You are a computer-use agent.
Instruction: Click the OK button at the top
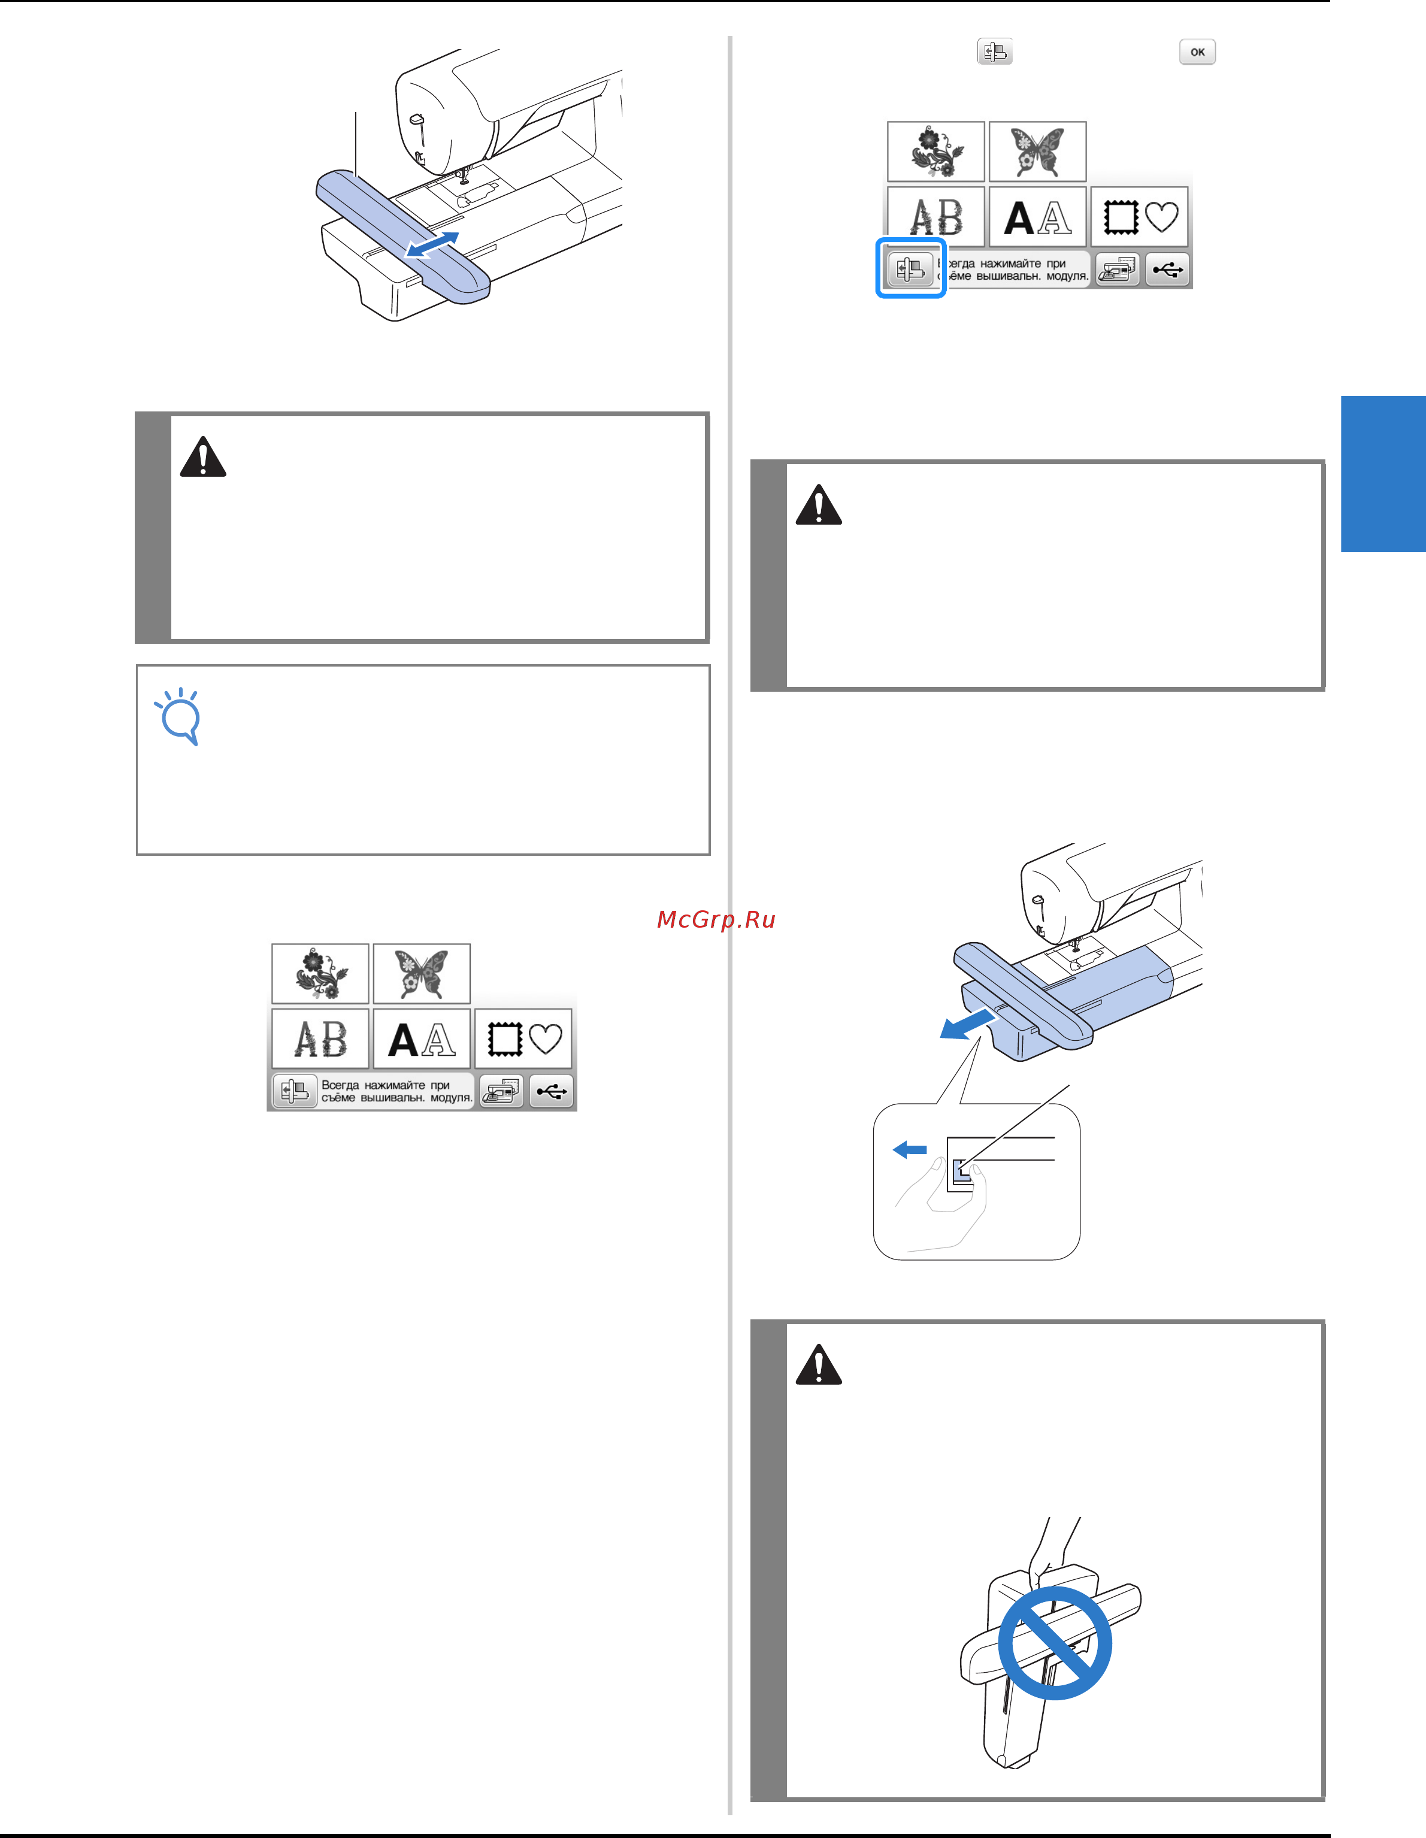(1197, 52)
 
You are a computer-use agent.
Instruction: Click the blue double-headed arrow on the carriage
(432, 245)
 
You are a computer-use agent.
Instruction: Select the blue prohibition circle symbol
(1055, 1643)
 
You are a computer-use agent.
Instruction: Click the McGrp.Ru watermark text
(716, 920)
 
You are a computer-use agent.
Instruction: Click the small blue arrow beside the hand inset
(909, 1150)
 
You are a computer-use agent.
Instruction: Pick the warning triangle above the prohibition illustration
(818, 1365)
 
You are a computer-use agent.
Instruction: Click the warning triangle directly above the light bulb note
(203, 457)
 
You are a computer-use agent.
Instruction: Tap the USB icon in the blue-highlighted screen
(1167, 270)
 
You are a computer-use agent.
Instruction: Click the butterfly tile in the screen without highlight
(422, 974)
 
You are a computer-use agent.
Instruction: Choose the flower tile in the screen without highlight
(320, 974)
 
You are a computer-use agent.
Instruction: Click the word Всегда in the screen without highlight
(340, 1086)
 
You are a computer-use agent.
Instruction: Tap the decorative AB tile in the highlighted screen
(936, 217)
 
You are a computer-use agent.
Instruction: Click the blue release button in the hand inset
(961, 1170)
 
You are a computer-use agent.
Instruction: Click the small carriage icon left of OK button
(995, 52)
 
